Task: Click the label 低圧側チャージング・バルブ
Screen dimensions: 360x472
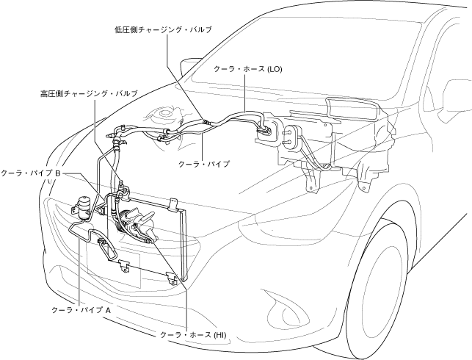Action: click(x=163, y=29)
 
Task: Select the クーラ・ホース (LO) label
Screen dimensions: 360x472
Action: click(x=247, y=68)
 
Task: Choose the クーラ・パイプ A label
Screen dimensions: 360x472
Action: click(x=81, y=310)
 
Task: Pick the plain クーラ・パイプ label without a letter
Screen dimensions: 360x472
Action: click(x=206, y=164)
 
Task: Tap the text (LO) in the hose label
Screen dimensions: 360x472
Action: click(x=273, y=68)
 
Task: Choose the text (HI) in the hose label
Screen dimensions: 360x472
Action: click(x=221, y=334)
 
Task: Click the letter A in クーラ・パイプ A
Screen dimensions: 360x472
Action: click(x=108, y=310)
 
